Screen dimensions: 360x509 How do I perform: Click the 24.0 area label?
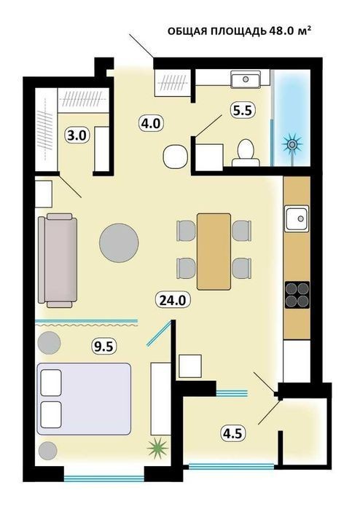coord(173,300)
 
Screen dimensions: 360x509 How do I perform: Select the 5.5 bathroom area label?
coord(243,111)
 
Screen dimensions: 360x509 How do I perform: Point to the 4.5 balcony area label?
coord(232,433)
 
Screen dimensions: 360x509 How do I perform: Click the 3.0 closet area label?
coord(77,135)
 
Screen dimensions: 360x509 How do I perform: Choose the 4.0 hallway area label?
coord(152,124)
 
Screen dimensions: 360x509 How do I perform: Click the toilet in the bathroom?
coord(246,153)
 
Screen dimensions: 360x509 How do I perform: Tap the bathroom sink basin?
coord(246,79)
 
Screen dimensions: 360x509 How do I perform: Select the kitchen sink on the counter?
coord(297,218)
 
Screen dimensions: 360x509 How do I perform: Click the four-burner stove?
coord(297,295)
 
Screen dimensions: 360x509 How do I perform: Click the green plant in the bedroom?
coord(158,449)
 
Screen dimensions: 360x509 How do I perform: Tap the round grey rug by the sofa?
coord(119,243)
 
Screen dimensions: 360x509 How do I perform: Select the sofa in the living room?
coord(58,261)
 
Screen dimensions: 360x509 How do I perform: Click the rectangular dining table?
coord(214,251)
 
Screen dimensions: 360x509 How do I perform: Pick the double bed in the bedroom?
coord(84,399)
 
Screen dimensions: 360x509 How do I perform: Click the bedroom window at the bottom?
coord(104,478)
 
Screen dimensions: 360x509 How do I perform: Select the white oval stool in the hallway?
coord(176,157)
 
